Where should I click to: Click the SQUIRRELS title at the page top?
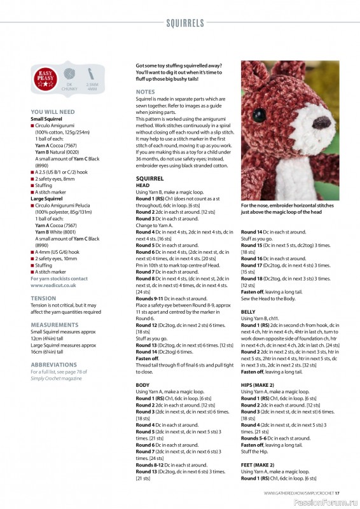185,24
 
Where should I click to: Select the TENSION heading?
43,298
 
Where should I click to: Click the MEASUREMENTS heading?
55,324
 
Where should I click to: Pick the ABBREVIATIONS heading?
54,365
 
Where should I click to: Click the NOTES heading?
145,92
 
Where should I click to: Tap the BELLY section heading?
248,312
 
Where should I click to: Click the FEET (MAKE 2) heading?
258,464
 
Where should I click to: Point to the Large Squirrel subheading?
46,199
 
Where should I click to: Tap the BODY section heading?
143,385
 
